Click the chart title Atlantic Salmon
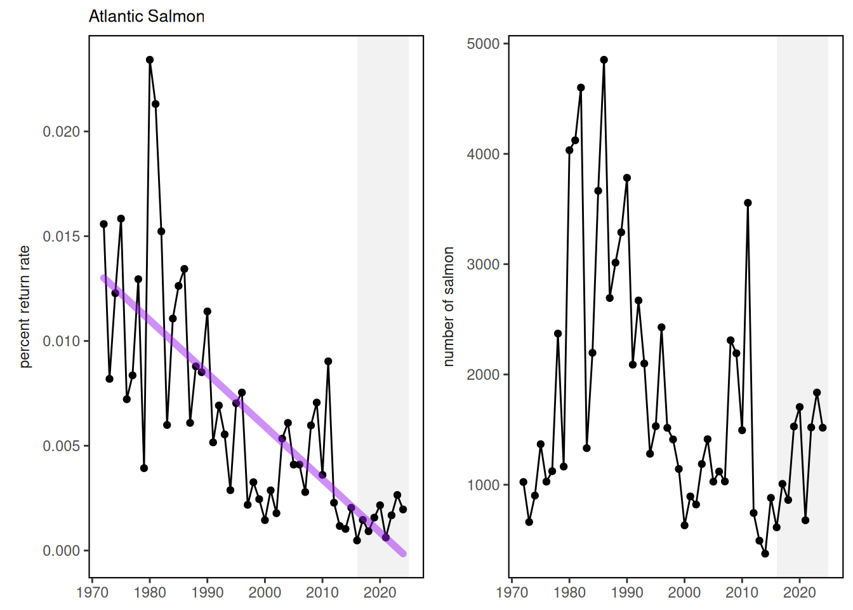[147, 17]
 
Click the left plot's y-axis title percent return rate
[25, 306]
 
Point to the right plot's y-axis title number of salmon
[449, 306]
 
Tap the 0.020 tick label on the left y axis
[62, 132]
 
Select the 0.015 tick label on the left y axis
[62, 236]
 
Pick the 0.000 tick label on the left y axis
[62, 551]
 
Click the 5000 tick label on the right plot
[483, 44]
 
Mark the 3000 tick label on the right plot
[483, 264]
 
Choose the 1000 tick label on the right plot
[483, 485]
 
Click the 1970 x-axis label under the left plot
[93, 593]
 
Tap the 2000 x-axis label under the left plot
[265, 593]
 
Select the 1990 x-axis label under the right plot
[627, 593]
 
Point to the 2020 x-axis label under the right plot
[799, 593]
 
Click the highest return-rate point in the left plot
[150, 60]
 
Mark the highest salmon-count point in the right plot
[604, 60]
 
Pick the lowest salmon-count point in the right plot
[765, 553]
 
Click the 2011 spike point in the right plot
[748, 203]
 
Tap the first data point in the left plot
[103, 224]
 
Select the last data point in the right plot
[823, 428]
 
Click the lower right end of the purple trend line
[403, 554]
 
